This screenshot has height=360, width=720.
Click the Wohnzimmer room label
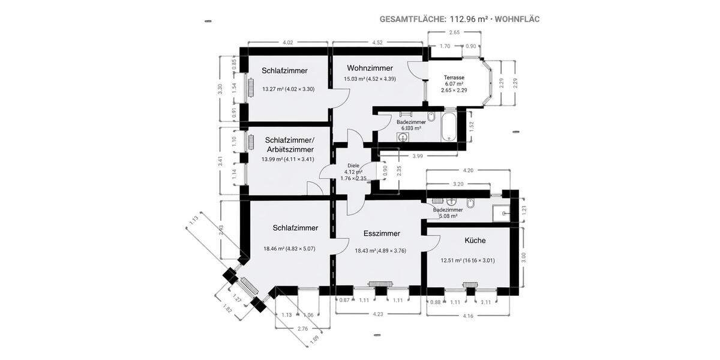(370, 68)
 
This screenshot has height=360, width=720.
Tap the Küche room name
(475, 240)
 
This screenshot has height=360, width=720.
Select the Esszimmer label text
(382, 233)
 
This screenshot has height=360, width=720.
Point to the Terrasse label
(454, 77)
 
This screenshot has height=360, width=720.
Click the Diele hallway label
(353, 165)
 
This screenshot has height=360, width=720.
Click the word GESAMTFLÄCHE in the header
(412, 19)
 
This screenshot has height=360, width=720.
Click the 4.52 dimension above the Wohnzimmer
(377, 43)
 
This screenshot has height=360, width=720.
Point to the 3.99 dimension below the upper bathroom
(417, 156)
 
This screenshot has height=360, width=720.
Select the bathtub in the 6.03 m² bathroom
(448, 124)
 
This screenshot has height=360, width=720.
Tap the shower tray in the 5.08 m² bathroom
(500, 212)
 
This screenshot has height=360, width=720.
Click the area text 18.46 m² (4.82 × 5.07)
(289, 249)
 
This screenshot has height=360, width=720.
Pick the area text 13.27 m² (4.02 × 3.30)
(288, 89)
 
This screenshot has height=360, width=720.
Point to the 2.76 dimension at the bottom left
(302, 328)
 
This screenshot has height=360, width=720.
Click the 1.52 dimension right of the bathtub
(472, 126)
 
